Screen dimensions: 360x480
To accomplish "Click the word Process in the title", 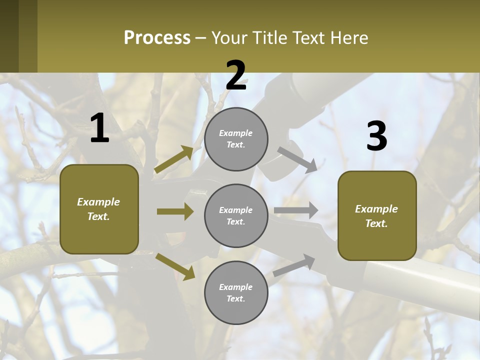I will click(157, 38).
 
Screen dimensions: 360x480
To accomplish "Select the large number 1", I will click(99, 128).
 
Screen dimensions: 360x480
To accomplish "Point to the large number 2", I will click(236, 75).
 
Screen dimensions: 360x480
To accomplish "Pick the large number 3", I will click(376, 136).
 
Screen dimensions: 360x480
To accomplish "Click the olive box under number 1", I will click(99, 209).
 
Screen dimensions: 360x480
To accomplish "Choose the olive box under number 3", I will click(377, 215).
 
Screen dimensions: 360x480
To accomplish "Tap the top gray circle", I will click(236, 139).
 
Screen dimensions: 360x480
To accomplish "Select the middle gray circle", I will click(236, 215).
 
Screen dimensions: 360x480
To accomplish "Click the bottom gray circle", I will click(236, 292).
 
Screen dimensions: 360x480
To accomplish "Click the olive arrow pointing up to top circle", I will click(173, 159).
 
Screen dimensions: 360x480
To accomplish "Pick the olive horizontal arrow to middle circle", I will click(175, 211).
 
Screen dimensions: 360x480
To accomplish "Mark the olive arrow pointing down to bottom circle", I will click(175, 266).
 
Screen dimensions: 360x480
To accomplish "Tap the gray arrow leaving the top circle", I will click(297, 159).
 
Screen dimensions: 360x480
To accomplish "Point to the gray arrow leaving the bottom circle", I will click(294, 265).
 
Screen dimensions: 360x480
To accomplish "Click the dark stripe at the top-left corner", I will click(18, 36).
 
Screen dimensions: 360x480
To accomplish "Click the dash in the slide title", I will click(200, 38).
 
